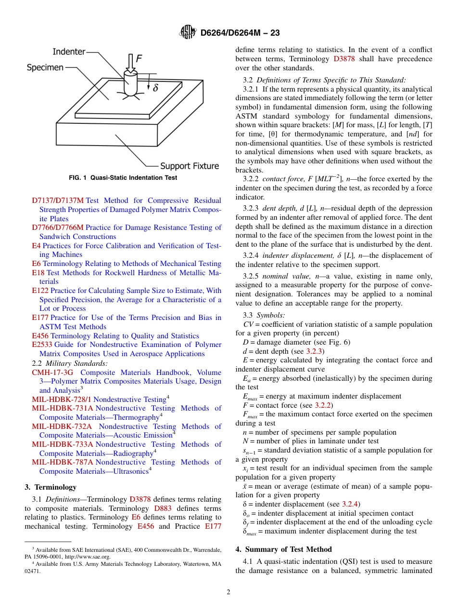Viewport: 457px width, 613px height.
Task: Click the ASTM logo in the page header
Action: (x=188, y=32)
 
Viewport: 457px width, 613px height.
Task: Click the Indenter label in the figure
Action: (x=69, y=52)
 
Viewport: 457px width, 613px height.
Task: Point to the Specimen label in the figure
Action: (x=45, y=67)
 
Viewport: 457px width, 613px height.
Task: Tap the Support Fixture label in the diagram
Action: (x=189, y=166)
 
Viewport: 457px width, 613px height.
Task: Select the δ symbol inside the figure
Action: (x=155, y=88)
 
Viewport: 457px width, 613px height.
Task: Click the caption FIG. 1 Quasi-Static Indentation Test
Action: (x=123, y=178)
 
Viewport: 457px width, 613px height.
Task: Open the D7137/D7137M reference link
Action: (x=58, y=200)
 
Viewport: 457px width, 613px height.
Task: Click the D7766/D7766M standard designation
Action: (x=58, y=227)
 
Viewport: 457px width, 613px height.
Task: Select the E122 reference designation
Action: (x=40, y=291)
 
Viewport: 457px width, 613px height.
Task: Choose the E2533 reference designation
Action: (x=42, y=345)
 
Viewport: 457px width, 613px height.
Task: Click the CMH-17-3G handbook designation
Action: (x=52, y=373)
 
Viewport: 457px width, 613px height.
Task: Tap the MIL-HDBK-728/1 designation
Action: (x=61, y=400)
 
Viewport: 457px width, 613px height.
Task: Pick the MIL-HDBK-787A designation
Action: (x=63, y=462)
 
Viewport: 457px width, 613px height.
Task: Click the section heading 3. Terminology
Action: (x=50, y=487)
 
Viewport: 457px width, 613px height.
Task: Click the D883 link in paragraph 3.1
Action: (x=162, y=508)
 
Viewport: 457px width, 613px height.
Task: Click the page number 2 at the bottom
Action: (x=228, y=592)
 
